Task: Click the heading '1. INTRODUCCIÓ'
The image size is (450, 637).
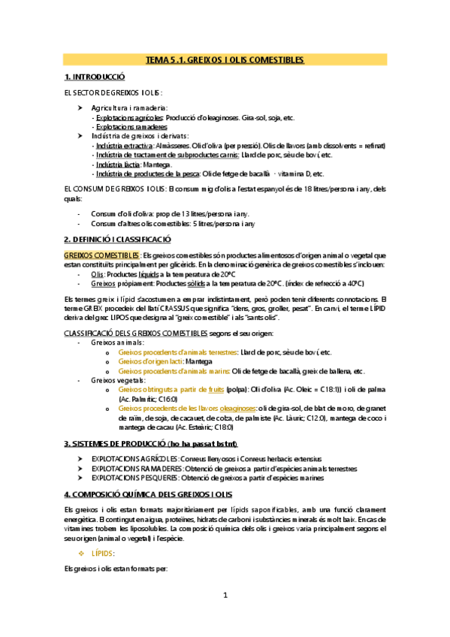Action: coord(95,77)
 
